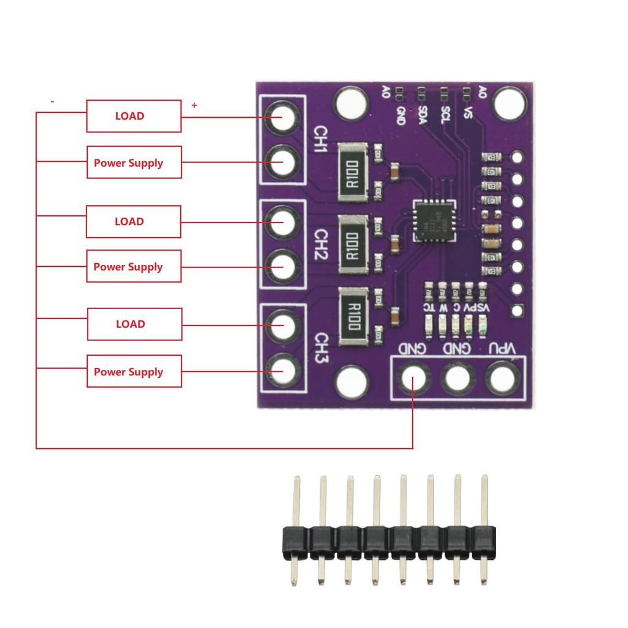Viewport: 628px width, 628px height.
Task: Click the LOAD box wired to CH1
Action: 134,116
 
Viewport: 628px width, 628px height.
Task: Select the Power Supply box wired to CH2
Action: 134,266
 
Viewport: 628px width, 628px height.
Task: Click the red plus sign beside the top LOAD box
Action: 194,105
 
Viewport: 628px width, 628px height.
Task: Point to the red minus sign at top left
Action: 52,101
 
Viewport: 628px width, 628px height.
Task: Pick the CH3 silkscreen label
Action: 320,347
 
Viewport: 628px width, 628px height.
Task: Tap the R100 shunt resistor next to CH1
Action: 353,172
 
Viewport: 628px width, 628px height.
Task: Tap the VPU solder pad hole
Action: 501,377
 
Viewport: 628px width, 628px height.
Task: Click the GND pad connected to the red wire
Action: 413,377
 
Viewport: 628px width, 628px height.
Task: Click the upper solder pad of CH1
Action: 283,117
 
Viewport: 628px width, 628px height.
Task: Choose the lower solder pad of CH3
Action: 283,370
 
